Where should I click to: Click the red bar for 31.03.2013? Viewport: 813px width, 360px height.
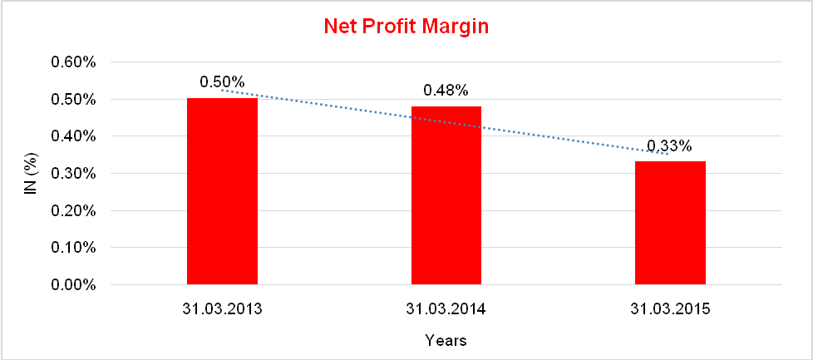coord(222,191)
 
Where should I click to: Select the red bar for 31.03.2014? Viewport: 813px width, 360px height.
coord(446,195)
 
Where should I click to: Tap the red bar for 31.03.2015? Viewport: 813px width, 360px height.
coord(670,223)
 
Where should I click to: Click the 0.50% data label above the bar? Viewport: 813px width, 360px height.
coord(222,82)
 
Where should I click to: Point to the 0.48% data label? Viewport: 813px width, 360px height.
coord(446,90)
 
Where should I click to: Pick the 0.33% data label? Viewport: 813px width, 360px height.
coord(669,145)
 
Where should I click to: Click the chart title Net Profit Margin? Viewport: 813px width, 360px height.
coord(406,27)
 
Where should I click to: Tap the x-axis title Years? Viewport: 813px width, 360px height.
coord(446,340)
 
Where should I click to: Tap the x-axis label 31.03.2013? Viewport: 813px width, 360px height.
coord(222,309)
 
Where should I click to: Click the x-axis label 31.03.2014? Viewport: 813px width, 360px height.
coord(446,309)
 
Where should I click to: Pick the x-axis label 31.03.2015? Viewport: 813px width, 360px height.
coord(670,309)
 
